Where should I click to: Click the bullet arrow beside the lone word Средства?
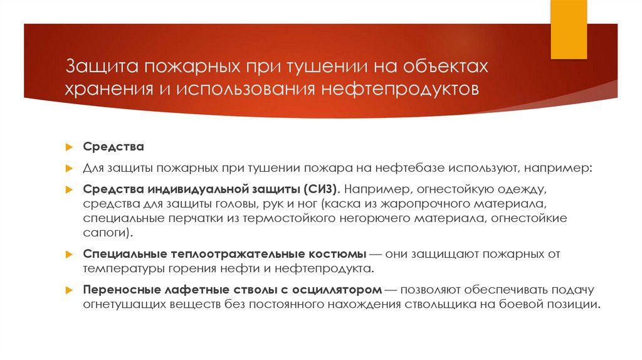pos(70,147)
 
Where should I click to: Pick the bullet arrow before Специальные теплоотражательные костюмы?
pos(70,255)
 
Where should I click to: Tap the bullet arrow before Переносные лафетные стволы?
pos(70,291)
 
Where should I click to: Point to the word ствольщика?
pos(465,305)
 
